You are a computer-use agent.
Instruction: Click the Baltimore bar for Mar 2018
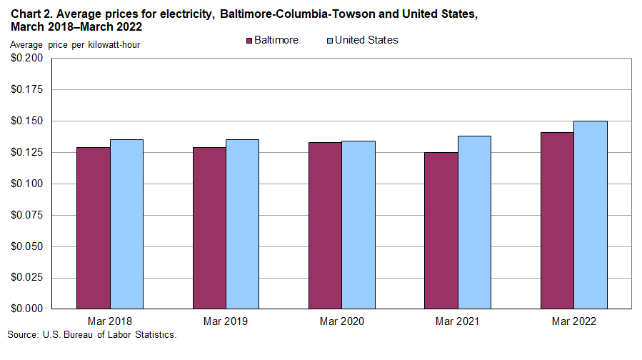93,228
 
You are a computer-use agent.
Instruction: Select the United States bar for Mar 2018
126,224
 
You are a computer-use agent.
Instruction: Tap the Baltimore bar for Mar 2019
209,228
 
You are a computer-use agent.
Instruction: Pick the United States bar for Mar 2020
358,225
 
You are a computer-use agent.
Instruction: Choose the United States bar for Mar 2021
474,222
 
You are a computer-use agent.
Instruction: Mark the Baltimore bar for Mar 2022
557,220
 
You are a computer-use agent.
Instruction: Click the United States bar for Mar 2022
591,215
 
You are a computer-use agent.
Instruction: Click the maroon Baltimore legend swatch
249,41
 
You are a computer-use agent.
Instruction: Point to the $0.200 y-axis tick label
27,59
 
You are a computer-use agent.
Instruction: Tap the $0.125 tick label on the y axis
27,153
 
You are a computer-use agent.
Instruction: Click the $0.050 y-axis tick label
27,246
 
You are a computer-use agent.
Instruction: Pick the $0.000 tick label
27,309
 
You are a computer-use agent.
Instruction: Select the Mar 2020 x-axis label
341,321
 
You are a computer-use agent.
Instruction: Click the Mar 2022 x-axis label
573,321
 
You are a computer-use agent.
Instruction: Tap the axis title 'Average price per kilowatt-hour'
75,46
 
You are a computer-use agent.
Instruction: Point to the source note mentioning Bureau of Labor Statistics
91,335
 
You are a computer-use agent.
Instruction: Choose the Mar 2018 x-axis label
109,321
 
